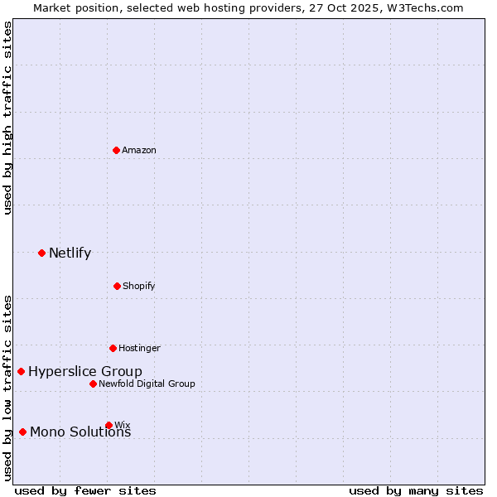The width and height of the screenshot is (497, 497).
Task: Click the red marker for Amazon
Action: [x=116, y=150]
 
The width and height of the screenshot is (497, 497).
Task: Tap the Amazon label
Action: [x=139, y=150]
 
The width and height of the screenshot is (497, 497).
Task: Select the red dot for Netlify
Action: [x=41, y=253]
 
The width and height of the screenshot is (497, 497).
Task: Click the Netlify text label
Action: [x=70, y=253]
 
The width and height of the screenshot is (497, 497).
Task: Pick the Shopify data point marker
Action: [x=117, y=286]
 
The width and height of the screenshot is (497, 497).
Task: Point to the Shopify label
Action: [x=138, y=286]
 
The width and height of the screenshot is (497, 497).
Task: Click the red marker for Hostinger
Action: [x=113, y=348]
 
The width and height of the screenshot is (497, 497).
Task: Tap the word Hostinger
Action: [x=139, y=348]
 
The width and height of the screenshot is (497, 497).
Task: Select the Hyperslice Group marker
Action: [x=21, y=371]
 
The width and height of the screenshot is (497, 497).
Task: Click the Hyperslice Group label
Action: [x=84, y=371]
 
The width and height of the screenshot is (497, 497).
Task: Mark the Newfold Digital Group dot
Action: [x=93, y=384]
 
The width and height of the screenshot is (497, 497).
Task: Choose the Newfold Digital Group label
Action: [x=147, y=384]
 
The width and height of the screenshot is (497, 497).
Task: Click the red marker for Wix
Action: [x=109, y=425]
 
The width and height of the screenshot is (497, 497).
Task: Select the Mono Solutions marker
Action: [x=22, y=432]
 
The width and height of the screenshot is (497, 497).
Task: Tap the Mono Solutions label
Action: [x=80, y=432]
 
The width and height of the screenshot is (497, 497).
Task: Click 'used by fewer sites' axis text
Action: [x=85, y=490]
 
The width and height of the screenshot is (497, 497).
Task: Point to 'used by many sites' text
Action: [x=416, y=490]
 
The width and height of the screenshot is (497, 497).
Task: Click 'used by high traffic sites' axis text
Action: [x=7, y=118]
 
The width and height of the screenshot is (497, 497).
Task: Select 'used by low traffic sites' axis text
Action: [x=7, y=388]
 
